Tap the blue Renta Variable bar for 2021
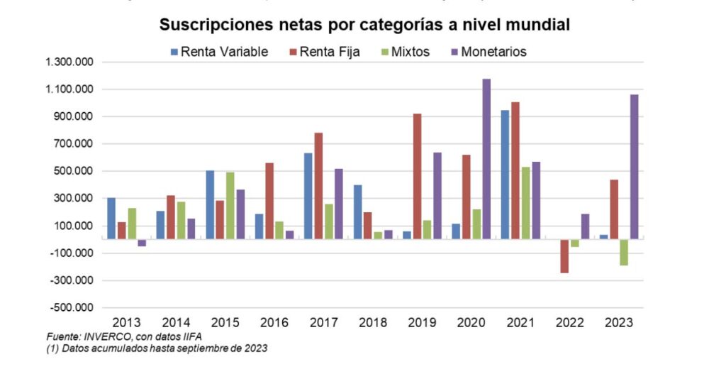click(505, 175)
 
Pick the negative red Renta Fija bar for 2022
click(564, 256)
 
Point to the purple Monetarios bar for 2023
click(634, 167)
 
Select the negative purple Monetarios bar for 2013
click(142, 243)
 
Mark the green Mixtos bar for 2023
click(624, 253)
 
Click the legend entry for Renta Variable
click(219, 52)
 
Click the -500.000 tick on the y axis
click(71, 308)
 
